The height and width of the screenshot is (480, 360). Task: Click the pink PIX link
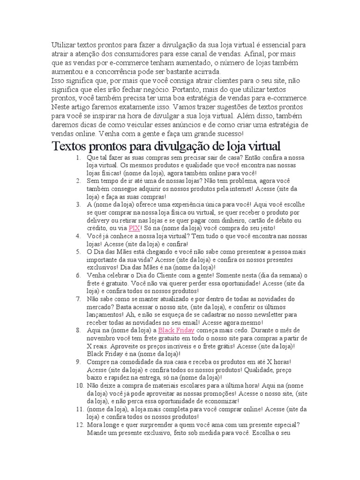(135, 228)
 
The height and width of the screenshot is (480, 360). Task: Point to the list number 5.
(78, 252)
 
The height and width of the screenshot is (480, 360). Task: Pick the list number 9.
(78, 362)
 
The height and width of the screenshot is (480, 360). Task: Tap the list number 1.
(78, 157)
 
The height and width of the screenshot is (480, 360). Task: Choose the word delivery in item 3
(100, 220)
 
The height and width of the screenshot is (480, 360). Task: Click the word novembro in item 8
(102, 338)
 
